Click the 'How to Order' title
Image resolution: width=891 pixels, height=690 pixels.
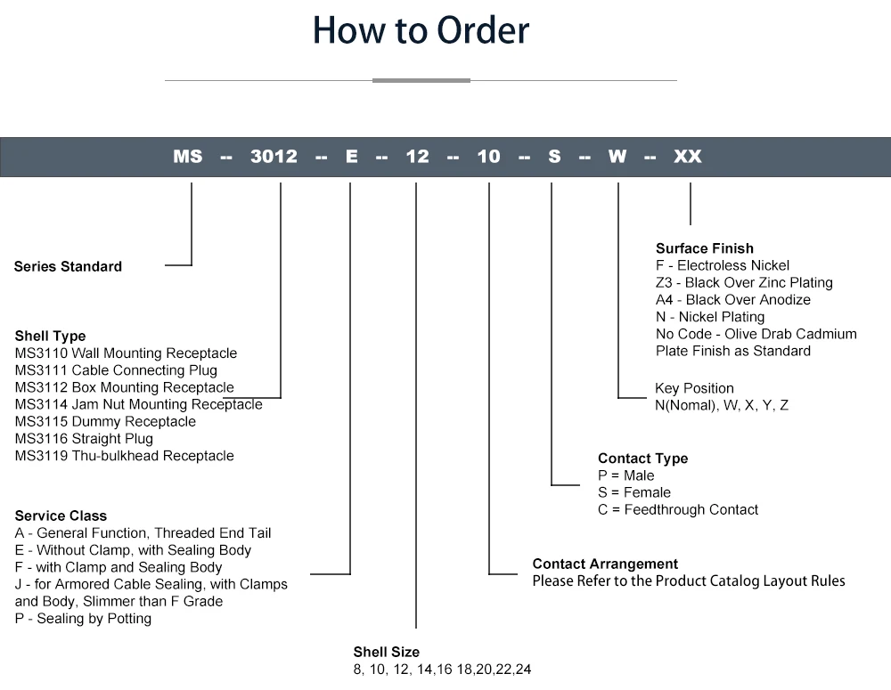pos(421,30)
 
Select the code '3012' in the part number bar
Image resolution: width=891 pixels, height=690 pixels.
pos(274,157)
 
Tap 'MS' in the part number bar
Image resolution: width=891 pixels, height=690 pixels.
pos(188,157)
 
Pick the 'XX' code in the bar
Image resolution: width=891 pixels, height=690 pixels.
pos(687,157)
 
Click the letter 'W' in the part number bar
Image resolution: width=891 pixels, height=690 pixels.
pos(617,157)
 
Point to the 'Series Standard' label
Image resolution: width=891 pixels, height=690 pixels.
pos(68,266)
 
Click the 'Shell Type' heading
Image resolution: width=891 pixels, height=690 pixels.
pos(50,336)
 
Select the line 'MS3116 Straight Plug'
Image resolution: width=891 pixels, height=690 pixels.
pos(84,438)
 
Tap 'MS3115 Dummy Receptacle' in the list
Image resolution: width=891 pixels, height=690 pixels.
pos(105,421)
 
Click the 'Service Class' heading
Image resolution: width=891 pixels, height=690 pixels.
pos(61,515)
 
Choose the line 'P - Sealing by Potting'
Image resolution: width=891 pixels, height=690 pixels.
pos(83,618)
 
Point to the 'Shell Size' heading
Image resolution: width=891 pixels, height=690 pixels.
pos(386,652)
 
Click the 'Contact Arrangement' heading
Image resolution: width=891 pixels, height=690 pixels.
pos(605,564)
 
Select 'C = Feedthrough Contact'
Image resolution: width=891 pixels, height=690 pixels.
pos(678,509)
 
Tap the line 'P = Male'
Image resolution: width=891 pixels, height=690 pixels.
pos(625,475)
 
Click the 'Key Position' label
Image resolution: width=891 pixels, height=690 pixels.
pos(694,388)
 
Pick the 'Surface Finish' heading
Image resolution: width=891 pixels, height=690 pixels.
pos(704,248)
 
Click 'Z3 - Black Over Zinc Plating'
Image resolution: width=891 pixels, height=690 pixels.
pos(744,282)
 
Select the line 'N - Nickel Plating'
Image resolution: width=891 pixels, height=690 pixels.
pos(709,316)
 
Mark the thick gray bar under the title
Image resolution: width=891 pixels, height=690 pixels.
pos(421,80)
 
